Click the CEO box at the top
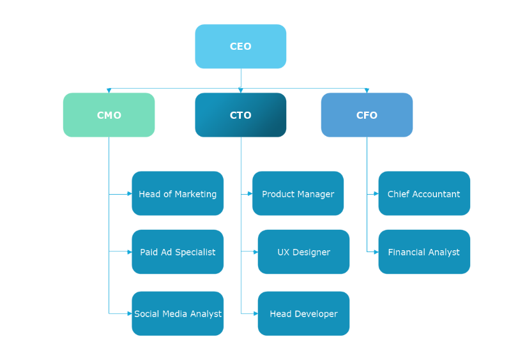241,47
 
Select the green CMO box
109,115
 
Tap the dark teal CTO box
241,115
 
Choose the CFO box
367,115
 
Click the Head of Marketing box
178,193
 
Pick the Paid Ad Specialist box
178,251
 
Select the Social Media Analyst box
178,313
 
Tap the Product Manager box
298,193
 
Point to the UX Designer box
303,251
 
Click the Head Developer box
303,313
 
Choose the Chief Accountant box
424,193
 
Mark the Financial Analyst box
424,251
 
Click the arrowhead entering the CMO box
109,91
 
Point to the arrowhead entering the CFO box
367,91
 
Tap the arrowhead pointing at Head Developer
255,313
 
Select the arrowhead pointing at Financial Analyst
376,251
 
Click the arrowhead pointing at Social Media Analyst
129,313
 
